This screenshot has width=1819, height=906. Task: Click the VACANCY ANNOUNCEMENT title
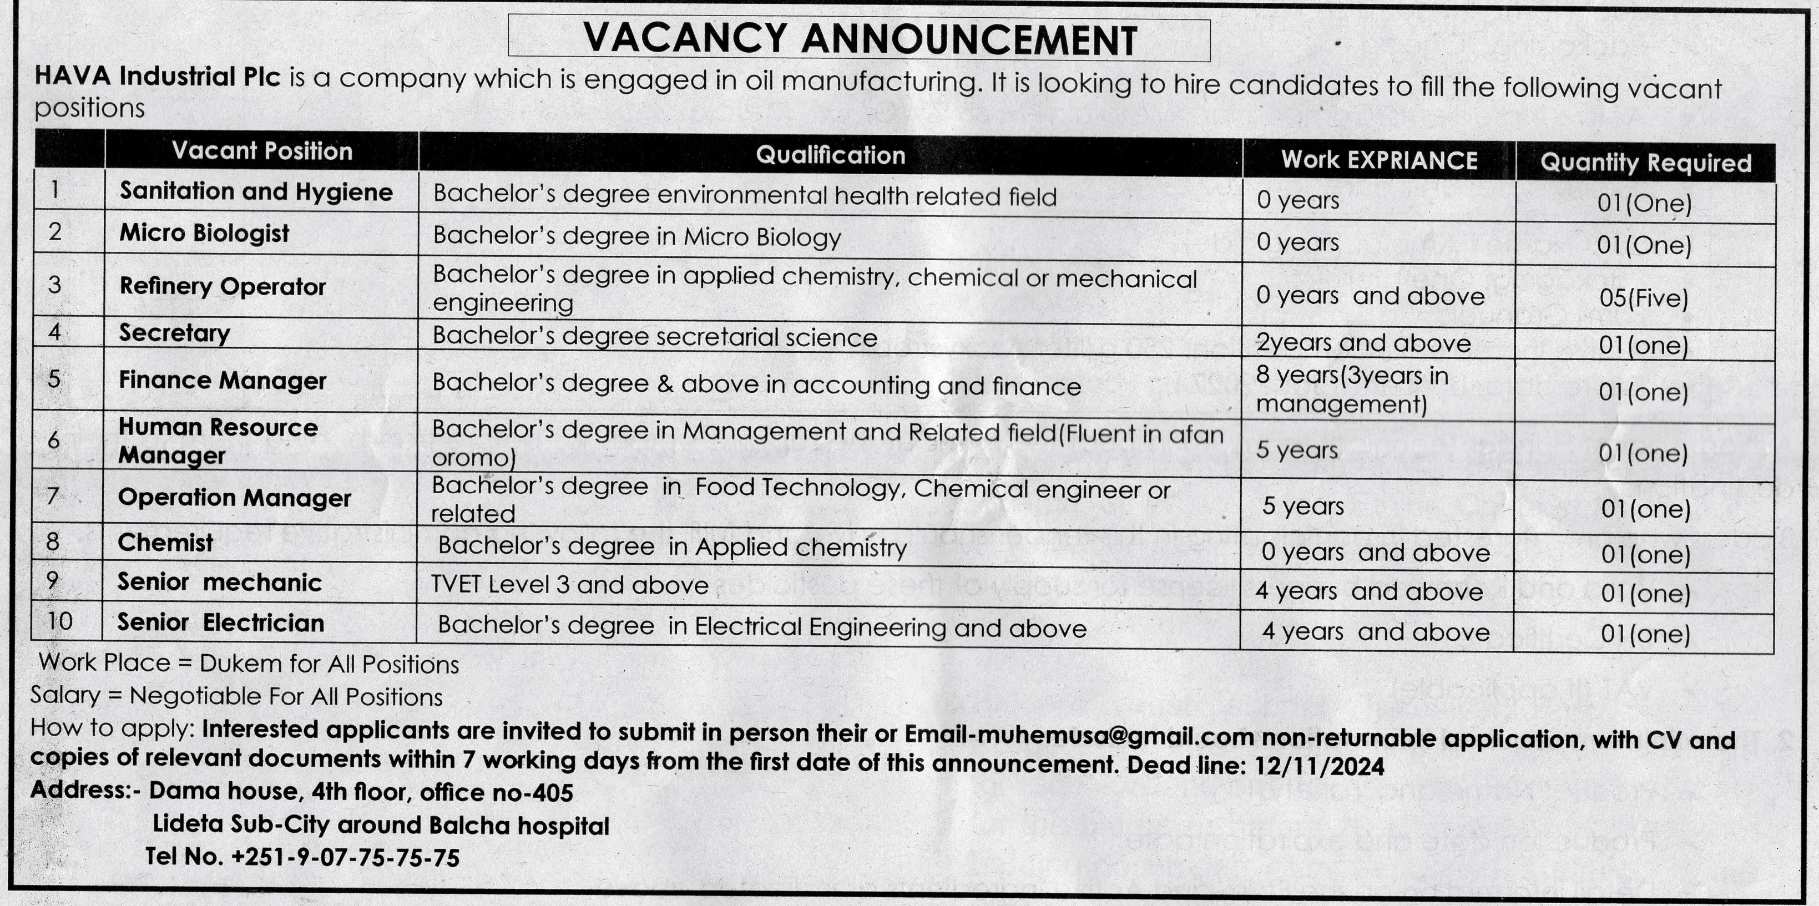[x=860, y=39]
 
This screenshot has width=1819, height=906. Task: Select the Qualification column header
[x=830, y=155]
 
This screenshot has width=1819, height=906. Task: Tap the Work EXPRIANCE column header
[x=1379, y=160]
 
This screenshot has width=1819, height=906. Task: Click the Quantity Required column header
[x=1645, y=163]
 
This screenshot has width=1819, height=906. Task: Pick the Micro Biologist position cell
[x=204, y=233]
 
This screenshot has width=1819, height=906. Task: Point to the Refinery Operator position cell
[x=223, y=286]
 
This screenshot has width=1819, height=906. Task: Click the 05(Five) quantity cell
[x=1644, y=297]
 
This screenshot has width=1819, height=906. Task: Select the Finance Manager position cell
[x=223, y=381]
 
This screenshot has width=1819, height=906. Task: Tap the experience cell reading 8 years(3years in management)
[x=1352, y=390]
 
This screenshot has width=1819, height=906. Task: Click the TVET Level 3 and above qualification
[x=569, y=585]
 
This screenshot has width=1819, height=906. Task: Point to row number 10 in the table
[x=60, y=621]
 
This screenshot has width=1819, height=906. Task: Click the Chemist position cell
[x=165, y=543]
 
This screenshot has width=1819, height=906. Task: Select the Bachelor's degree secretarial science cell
[x=655, y=337]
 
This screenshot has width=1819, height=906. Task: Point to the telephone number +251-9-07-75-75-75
[x=345, y=857]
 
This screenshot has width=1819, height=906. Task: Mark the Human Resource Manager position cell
[x=218, y=441]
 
